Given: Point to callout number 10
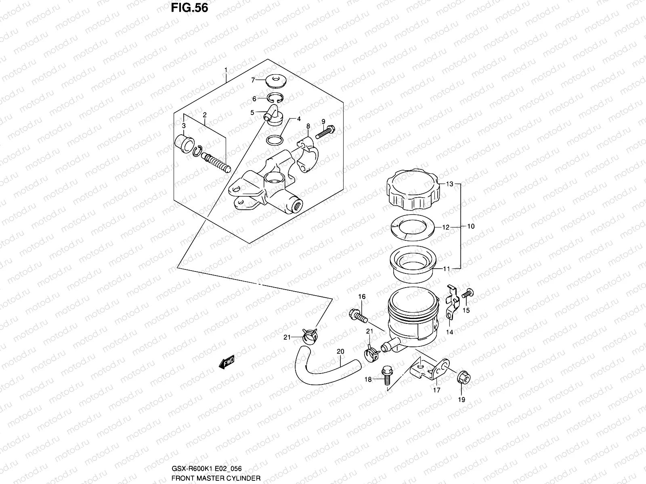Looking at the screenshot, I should pyautogui.click(x=471, y=226).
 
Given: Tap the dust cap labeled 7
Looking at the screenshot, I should pyautogui.click(x=276, y=81).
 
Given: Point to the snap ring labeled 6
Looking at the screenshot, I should pyautogui.click(x=277, y=98).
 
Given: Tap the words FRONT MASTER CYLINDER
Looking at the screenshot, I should pyautogui.click(x=216, y=478).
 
